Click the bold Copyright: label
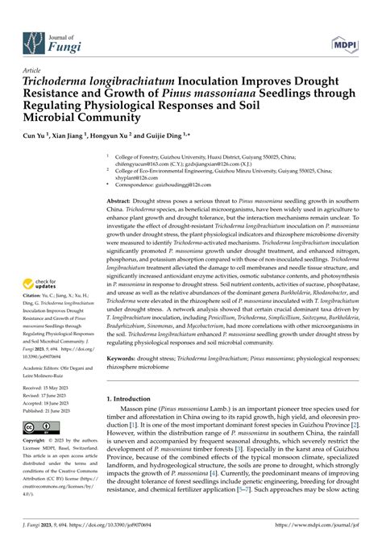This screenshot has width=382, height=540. click(37, 441)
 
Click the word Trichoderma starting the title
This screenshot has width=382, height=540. click(56, 82)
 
